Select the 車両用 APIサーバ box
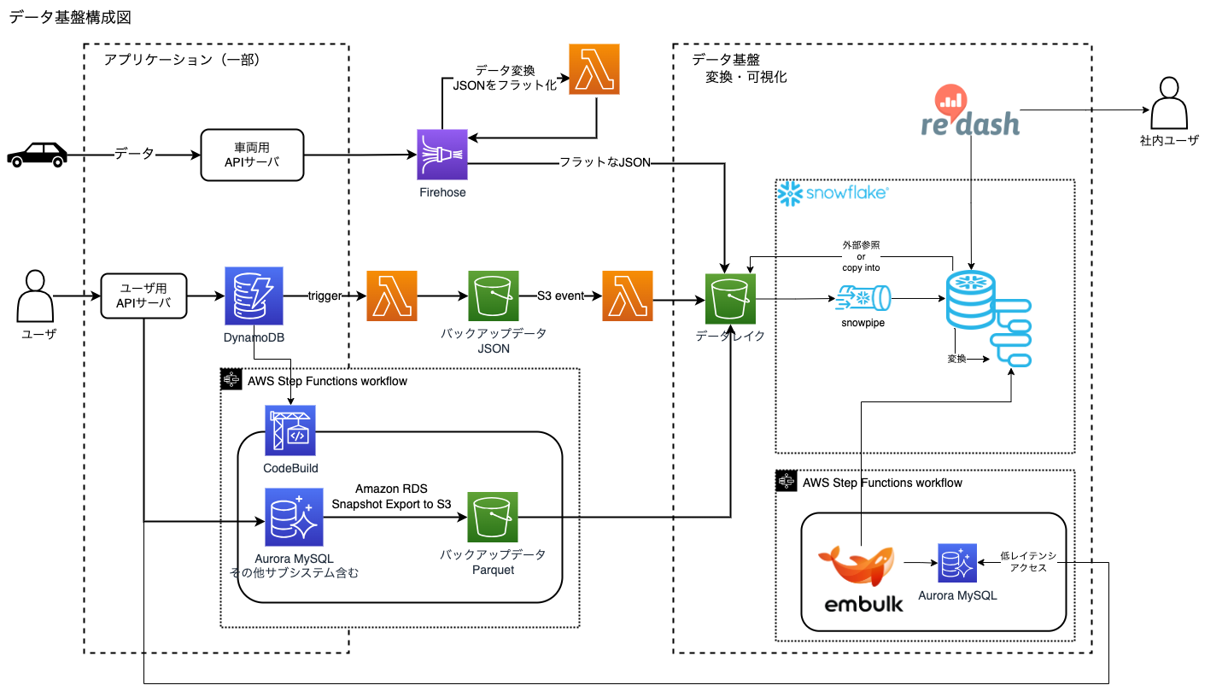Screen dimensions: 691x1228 pos(252,155)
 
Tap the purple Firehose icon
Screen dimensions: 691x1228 pos(442,155)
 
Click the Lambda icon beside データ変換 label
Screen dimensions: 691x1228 pos(594,69)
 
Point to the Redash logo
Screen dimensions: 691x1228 pos(970,113)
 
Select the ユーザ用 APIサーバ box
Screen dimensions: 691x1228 pos(143,296)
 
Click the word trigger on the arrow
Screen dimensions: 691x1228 pos(325,296)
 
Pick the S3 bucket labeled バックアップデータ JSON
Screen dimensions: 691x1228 pos(494,296)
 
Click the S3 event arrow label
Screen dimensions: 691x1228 pos(560,296)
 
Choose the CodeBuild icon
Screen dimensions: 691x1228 pos(290,430)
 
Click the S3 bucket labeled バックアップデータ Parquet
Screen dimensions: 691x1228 pos(492,518)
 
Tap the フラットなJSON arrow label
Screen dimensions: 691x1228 pos(605,162)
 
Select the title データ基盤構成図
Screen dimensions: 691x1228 pos(70,17)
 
